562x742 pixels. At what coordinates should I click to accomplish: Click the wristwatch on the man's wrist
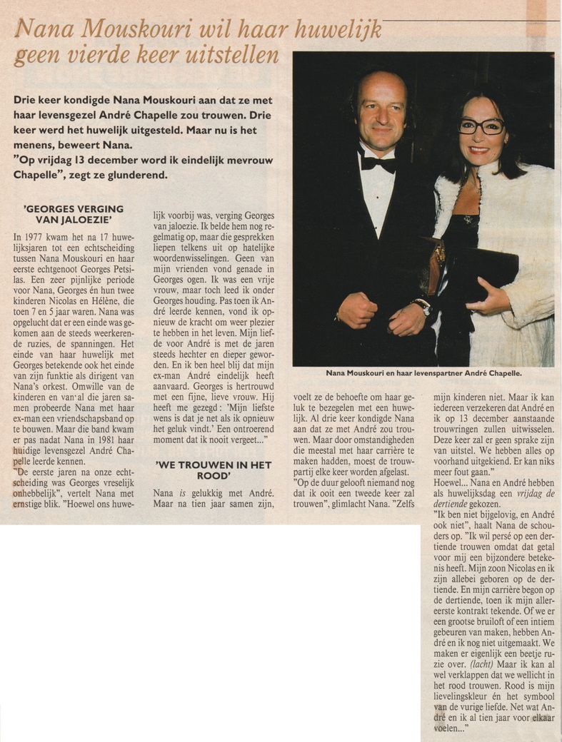[423, 306]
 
